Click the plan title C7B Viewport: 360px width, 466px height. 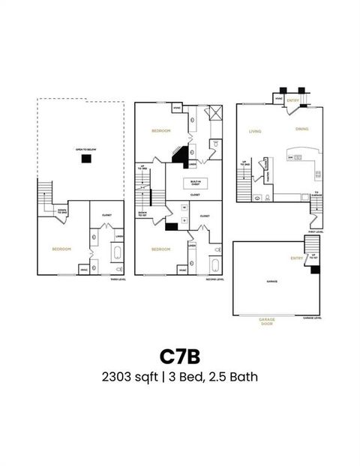pos(180,354)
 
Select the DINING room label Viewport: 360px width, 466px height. pos(301,129)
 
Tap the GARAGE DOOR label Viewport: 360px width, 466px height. pos(267,321)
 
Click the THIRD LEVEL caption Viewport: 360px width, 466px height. pos(118,279)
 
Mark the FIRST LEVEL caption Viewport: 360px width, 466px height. pos(315,232)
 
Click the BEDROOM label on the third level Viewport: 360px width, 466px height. pos(61,248)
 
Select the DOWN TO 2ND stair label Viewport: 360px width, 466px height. pos(62,212)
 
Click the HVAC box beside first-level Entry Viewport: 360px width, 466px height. pos(278,98)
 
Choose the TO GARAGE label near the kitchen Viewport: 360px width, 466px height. pos(317,193)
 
